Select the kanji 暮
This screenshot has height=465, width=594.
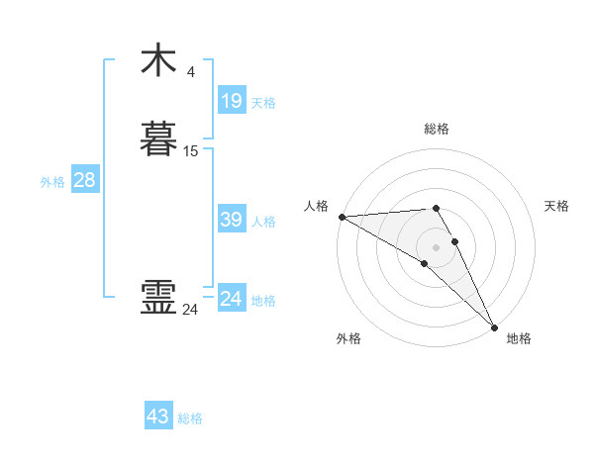point(159,139)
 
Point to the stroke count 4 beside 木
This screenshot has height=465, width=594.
point(191,71)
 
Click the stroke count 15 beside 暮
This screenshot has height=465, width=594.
point(191,151)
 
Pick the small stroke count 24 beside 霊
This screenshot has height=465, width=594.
point(190,310)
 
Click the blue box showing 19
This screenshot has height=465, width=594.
point(231,100)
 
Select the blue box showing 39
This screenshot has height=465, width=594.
point(231,220)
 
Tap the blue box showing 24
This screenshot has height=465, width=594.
point(231,299)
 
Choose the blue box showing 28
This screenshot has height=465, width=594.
point(84,180)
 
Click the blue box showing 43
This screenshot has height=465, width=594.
point(158,417)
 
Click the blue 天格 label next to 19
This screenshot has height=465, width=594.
point(263,103)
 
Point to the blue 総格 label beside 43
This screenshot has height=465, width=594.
point(190,418)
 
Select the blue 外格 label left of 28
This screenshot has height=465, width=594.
point(52,182)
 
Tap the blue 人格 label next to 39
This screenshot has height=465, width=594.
point(263,222)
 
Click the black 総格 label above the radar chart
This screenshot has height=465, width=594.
point(437,129)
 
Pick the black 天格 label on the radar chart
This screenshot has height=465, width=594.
point(556,206)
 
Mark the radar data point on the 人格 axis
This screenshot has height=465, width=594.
point(342,217)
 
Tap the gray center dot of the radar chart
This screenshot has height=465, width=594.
point(437,246)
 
